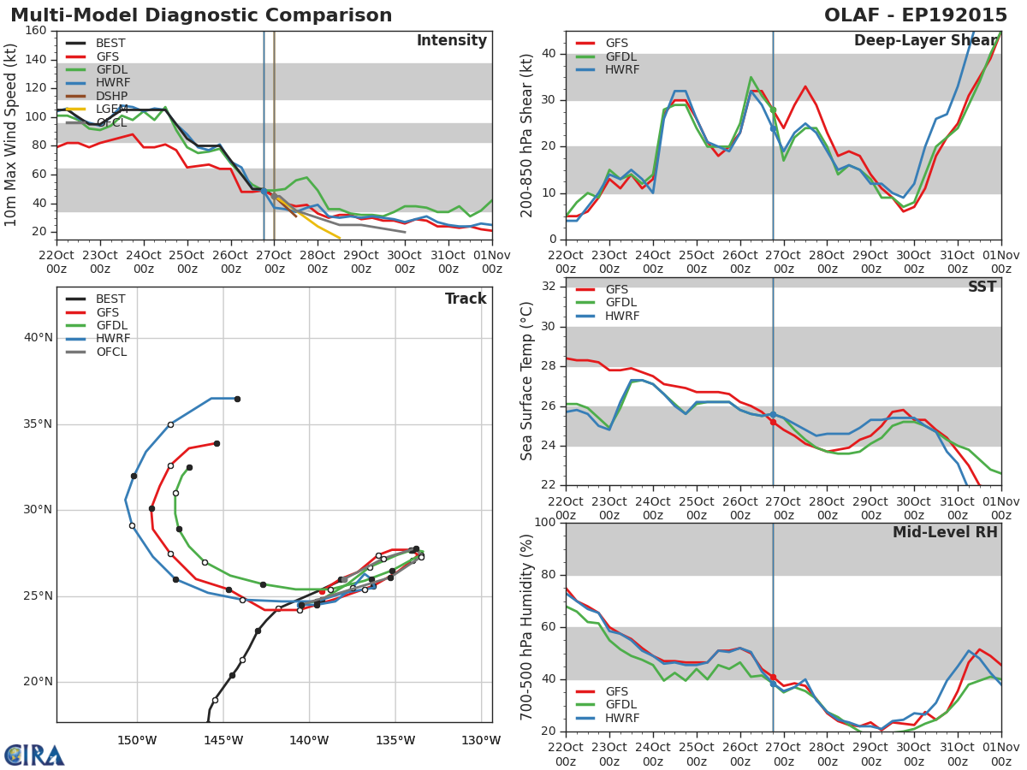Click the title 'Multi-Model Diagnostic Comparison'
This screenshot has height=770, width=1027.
(201, 15)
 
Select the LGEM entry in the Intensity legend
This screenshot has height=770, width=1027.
(111, 110)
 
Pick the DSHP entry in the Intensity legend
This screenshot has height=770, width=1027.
(111, 96)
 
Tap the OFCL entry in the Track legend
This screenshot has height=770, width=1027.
(111, 352)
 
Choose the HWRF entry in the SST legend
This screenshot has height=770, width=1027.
(622, 317)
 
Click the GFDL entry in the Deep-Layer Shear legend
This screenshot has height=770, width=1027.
(622, 56)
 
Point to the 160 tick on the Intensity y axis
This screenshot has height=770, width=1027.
(36, 31)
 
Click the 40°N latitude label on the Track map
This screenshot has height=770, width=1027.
(38, 338)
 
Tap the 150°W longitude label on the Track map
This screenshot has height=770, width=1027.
(137, 741)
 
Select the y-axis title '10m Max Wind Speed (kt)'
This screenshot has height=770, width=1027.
(12, 134)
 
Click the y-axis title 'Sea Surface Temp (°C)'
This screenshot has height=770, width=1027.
(527, 381)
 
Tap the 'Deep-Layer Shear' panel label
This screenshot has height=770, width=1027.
(925, 41)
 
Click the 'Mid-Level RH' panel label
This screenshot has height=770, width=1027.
(945, 532)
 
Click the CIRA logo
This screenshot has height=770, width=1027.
(34, 755)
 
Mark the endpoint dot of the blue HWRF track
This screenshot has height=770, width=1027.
(237, 399)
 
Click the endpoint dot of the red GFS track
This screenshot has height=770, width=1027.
(217, 443)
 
